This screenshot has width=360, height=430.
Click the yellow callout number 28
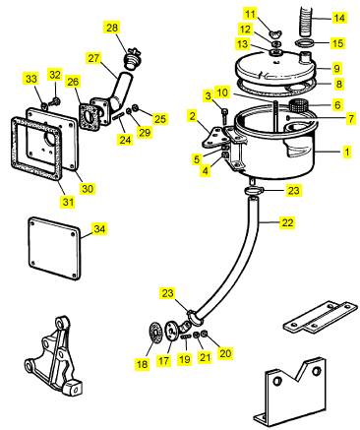(x=112, y=28)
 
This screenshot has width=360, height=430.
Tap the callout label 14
(x=338, y=18)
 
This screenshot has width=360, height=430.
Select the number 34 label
(x=99, y=228)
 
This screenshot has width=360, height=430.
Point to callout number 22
(x=287, y=222)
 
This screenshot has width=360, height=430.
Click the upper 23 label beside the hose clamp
(x=294, y=191)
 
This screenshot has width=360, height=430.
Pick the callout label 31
(x=68, y=202)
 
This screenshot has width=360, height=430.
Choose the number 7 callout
(x=351, y=119)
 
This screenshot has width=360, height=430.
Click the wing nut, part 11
(x=274, y=33)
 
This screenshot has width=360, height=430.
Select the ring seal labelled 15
(x=305, y=43)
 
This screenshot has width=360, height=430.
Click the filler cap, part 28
(x=133, y=59)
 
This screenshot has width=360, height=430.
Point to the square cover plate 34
(x=54, y=249)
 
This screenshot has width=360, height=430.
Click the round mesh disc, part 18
(x=154, y=333)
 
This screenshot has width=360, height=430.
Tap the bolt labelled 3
(x=224, y=115)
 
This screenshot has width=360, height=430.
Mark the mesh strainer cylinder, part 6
(x=297, y=106)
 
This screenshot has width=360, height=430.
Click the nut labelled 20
(x=204, y=334)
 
